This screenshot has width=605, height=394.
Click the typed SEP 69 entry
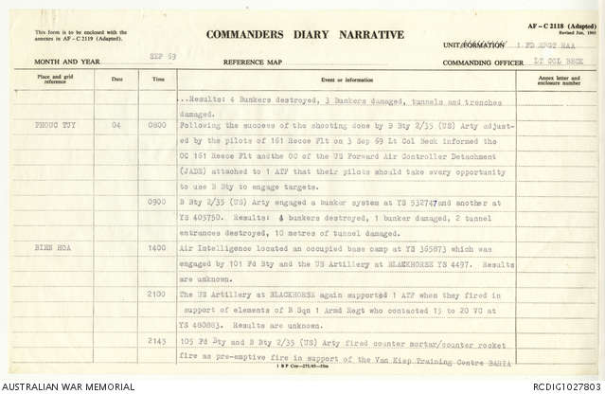163,56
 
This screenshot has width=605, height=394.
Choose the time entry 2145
158,338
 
